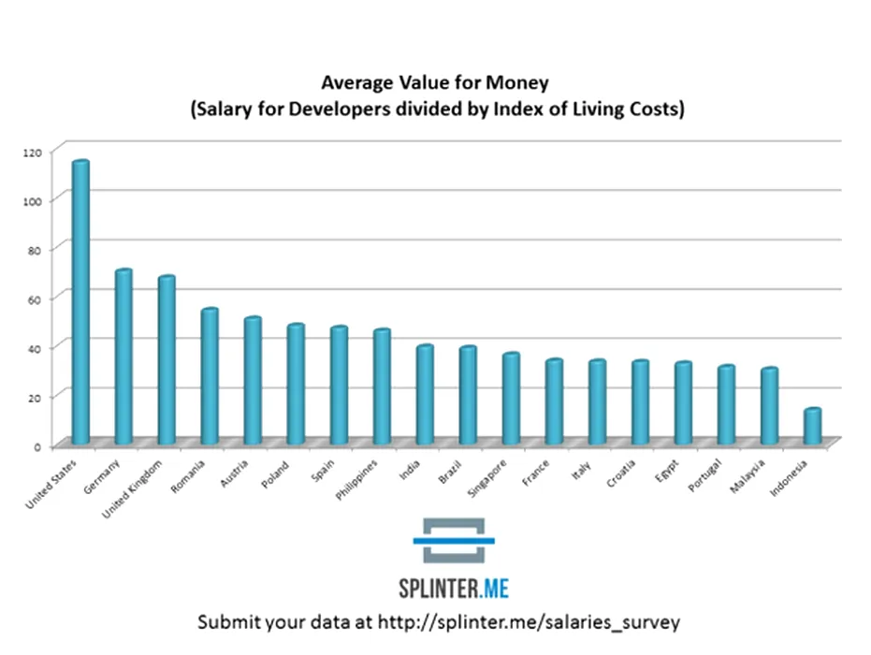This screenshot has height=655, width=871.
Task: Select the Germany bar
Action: [x=123, y=356]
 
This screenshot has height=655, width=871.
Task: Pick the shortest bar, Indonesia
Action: [x=812, y=426]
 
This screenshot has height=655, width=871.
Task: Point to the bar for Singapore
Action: [x=511, y=398]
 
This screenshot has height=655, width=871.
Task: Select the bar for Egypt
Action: [x=683, y=402]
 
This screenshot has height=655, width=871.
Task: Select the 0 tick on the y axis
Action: [x=37, y=445]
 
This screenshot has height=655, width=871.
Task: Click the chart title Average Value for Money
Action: [x=437, y=82]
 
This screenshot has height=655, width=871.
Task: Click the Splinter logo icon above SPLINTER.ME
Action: [x=454, y=540]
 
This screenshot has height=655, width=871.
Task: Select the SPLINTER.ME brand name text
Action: [x=453, y=589]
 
